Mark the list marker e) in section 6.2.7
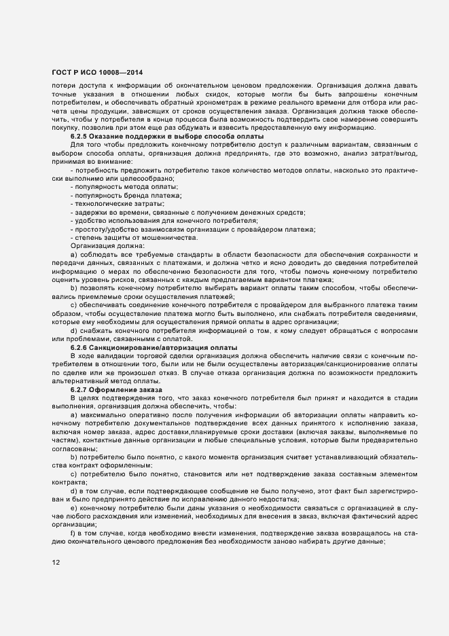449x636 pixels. tap(73, 508)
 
